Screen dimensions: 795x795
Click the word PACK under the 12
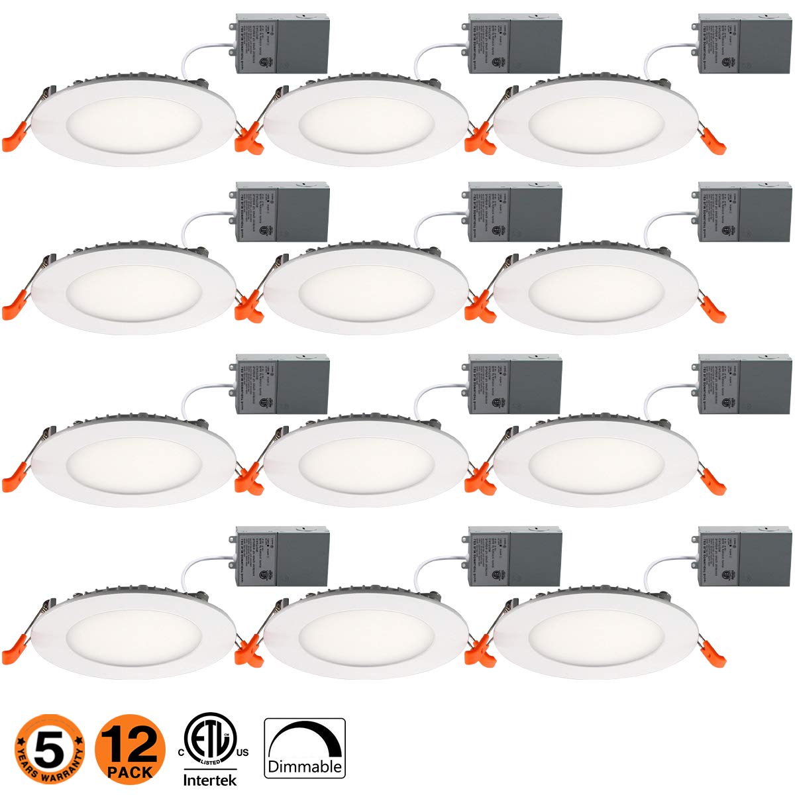tap(130, 771)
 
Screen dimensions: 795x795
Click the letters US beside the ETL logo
tap(242, 753)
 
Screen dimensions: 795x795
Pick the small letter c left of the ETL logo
tap(180, 753)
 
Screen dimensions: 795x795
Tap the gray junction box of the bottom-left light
tap(283, 558)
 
